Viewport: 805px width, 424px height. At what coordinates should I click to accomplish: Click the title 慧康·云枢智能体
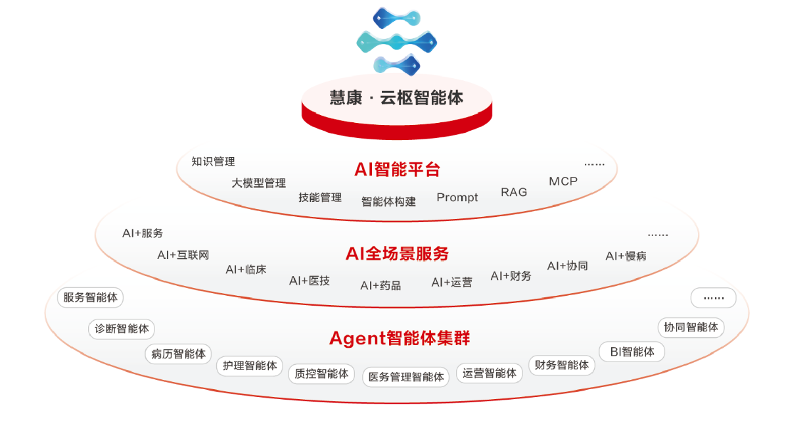pyautogui.click(x=396, y=98)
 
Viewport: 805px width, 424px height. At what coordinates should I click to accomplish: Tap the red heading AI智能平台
pyautogui.click(x=397, y=169)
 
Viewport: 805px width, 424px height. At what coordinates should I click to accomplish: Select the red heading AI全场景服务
pyautogui.click(x=397, y=253)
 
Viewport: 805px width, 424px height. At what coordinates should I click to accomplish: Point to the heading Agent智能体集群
pyautogui.click(x=400, y=339)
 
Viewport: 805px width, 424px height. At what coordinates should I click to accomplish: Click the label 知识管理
pyautogui.click(x=213, y=161)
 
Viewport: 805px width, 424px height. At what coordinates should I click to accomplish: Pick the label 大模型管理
pyautogui.click(x=258, y=183)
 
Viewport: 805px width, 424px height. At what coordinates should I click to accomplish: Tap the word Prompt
pyautogui.click(x=457, y=197)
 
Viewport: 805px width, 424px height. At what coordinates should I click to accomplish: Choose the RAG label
pyautogui.click(x=514, y=192)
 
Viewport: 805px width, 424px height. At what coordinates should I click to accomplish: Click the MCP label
pyautogui.click(x=563, y=181)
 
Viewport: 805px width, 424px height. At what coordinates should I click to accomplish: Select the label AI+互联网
pyautogui.click(x=183, y=255)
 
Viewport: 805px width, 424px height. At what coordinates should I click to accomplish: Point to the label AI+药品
pyautogui.click(x=380, y=285)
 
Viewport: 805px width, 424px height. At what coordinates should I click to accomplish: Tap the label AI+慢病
pyautogui.click(x=626, y=256)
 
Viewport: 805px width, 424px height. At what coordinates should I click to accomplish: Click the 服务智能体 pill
pyautogui.click(x=91, y=297)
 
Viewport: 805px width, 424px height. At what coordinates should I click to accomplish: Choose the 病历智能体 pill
pyautogui.click(x=179, y=354)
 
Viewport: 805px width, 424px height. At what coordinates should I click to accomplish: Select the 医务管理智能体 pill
pyautogui.click(x=406, y=377)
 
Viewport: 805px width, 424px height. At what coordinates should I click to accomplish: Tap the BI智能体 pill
pyautogui.click(x=632, y=352)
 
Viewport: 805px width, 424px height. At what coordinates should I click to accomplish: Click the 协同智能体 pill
pyautogui.click(x=691, y=327)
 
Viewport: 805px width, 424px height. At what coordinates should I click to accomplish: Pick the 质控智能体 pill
pyautogui.click(x=321, y=373)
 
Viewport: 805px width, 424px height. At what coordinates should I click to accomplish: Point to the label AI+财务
pyautogui.click(x=511, y=276)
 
